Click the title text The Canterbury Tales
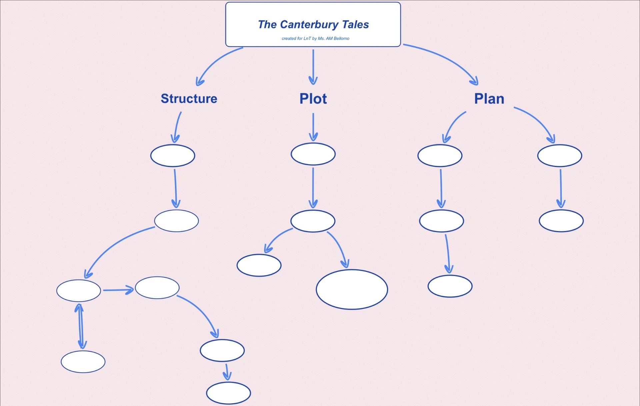313,25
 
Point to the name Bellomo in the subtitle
341,39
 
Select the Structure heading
189,99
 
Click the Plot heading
313,99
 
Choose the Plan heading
489,99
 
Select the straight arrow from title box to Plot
313,67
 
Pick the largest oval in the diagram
352,289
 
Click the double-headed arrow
80,326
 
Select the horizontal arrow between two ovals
118,290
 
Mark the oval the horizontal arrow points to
157,288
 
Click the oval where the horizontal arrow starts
79,291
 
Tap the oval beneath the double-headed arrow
83,362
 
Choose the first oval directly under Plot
313,154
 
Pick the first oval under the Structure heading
173,155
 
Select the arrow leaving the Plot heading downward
313,127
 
